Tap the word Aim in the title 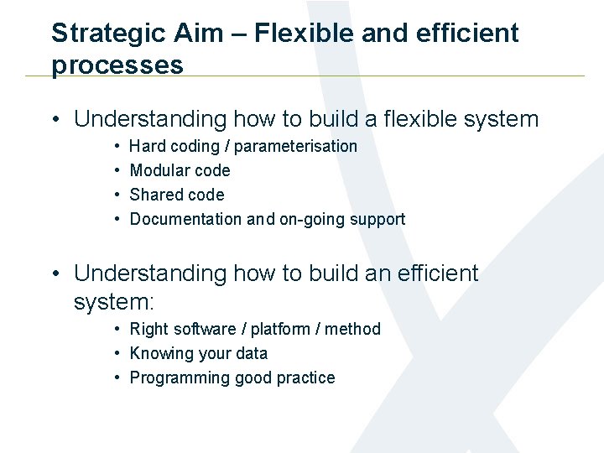pos(195,34)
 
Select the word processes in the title pos(117,65)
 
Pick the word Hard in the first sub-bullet pos(148,147)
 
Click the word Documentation pos(185,219)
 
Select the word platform pos(278,329)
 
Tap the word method pos(352,329)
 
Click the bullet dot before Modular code pos(117,171)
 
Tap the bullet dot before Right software pos(117,330)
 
